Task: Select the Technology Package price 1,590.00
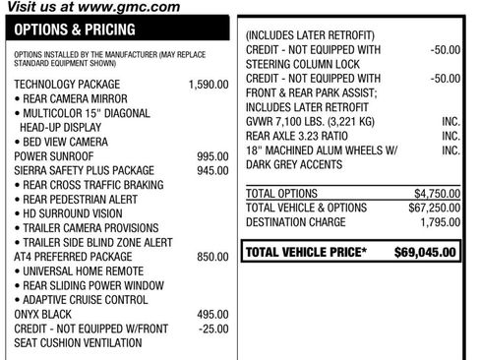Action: click(208, 86)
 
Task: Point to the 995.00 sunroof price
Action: click(211, 155)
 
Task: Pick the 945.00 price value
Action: click(211, 170)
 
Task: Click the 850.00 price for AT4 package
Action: click(211, 257)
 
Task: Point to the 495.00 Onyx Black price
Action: click(211, 314)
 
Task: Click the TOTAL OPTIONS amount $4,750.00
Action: click(432, 194)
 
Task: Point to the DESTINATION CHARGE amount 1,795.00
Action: click(436, 223)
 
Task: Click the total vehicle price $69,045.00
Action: click(426, 253)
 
